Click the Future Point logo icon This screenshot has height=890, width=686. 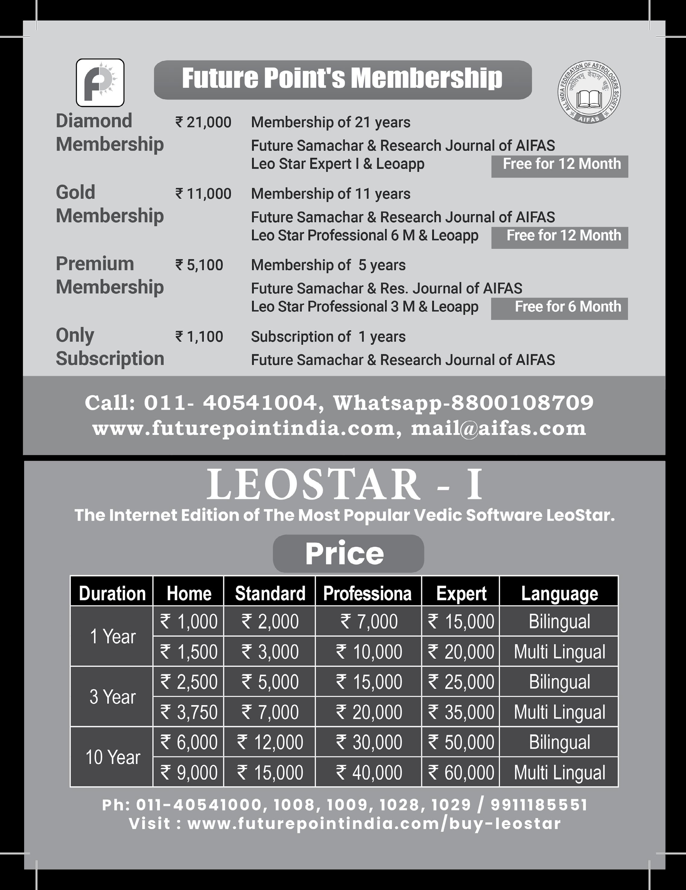[x=100, y=83]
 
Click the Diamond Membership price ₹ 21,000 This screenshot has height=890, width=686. [x=203, y=122]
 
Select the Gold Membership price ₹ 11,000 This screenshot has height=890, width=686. [x=203, y=194]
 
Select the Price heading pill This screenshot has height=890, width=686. [x=348, y=553]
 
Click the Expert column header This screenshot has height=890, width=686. [x=461, y=593]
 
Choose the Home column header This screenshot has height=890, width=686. [x=189, y=593]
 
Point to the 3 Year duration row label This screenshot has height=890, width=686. [x=112, y=697]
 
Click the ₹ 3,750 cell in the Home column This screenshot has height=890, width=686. [x=189, y=712]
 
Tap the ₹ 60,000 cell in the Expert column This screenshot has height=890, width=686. [x=461, y=772]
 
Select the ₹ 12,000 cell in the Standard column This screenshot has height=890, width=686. [x=270, y=742]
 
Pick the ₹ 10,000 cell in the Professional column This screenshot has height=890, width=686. [x=368, y=652]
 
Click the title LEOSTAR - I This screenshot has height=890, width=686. [x=345, y=485]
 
